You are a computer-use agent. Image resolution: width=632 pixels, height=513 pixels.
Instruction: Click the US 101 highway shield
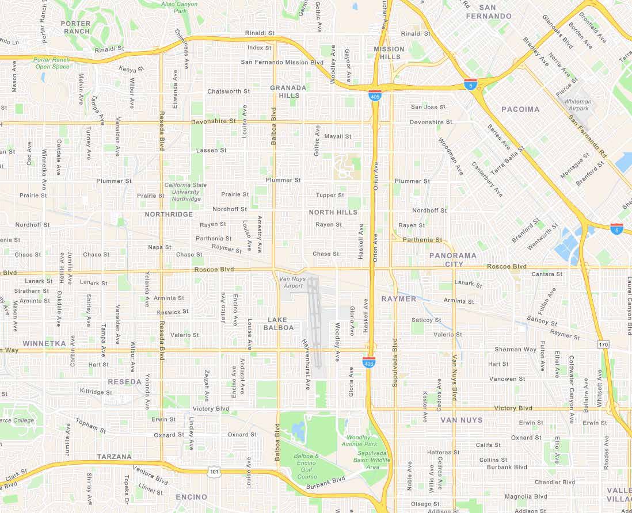214,472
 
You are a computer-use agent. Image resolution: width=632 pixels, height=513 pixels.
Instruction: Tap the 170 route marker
603,344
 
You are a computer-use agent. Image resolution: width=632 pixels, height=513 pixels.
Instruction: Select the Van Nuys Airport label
291,282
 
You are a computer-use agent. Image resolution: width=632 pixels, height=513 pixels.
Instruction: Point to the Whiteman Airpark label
577,105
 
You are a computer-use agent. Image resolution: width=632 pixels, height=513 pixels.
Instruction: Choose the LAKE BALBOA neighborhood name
279,323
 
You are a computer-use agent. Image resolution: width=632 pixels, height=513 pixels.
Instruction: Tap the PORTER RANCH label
75,27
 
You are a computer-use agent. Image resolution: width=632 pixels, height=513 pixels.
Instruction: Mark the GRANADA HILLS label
288,91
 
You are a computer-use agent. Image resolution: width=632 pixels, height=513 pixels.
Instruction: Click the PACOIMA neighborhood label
520,109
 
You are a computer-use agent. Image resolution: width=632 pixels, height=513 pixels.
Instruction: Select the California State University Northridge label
185,192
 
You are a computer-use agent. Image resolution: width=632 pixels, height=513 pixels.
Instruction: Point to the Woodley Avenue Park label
359,441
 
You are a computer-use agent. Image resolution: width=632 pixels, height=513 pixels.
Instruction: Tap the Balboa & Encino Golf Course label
307,466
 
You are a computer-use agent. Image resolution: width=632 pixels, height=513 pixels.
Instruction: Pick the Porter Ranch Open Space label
52,63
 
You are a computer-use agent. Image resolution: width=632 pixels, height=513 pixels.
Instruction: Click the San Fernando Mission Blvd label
282,62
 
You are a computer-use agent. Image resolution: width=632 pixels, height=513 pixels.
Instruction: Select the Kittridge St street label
96,392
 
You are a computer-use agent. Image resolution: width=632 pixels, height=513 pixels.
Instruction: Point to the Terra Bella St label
508,162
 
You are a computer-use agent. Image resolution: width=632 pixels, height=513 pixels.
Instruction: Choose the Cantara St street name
547,274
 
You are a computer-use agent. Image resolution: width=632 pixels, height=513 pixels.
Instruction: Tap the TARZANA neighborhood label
114,457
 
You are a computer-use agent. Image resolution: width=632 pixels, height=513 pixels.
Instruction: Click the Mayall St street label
338,136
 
